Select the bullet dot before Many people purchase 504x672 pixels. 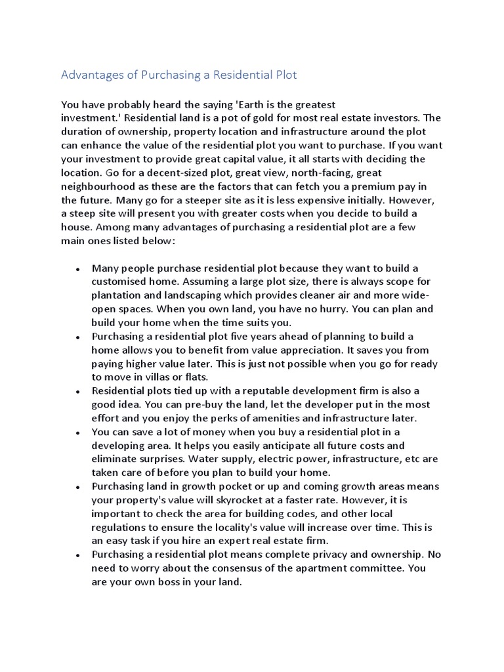(x=78, y=269)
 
